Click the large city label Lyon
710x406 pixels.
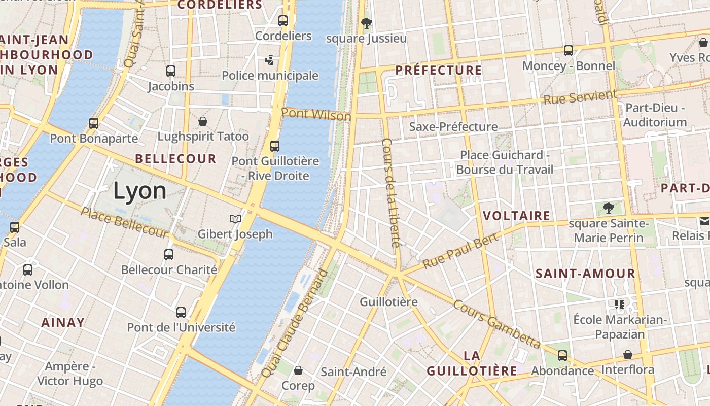[x=139, y=191]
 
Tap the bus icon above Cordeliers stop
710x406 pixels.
[x=283, y=21]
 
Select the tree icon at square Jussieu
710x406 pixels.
[x=366, y=23]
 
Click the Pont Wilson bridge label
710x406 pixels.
[x=316, y=114]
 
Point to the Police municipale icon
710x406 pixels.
[x=270, y=60]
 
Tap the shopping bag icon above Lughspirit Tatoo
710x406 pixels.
[x=203, y=121]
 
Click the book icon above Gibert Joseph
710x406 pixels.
[x=235, y=219]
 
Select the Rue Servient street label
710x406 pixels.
[x=580, y=97]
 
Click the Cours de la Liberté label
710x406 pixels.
[x=391, y=192]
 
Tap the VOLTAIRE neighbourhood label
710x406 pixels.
[x=516, y=216]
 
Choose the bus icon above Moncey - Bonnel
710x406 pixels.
[x=569, y=51]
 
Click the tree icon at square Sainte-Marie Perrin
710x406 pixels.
[x=608, y=208]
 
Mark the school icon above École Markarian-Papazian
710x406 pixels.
[x=619, y=304]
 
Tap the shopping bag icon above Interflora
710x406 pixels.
[x=628, y=355]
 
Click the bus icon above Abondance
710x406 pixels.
[x=562, y=356]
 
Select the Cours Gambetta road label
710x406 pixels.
[x=496, y=325]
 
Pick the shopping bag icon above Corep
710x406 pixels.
[x=298, y=370]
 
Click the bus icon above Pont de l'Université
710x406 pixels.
[x=181, y=312]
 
